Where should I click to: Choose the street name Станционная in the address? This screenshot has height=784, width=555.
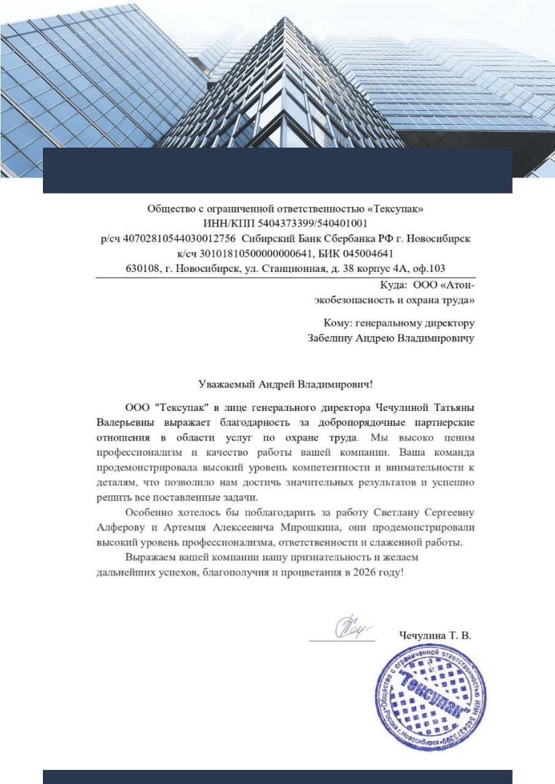pyautogui.click(x=296, y=268)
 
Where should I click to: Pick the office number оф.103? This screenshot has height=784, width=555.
pyautogui.click(x=428, y=268)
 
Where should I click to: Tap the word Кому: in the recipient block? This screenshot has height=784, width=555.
pyautogui.click(x=337, y=323)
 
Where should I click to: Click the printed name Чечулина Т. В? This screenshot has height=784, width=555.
pyautogui.click(x=434, y=636)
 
